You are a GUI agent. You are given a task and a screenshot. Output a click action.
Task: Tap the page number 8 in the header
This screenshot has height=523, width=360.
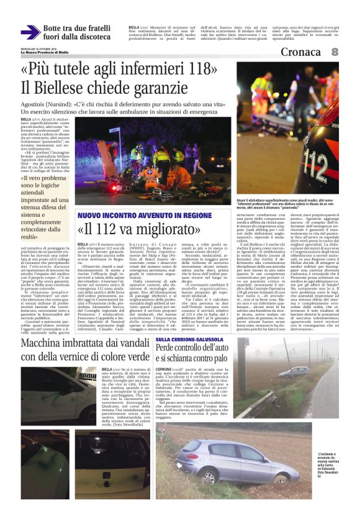tap(335, 52)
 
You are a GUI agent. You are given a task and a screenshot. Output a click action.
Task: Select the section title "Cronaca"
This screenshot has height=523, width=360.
tap(300, 53)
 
